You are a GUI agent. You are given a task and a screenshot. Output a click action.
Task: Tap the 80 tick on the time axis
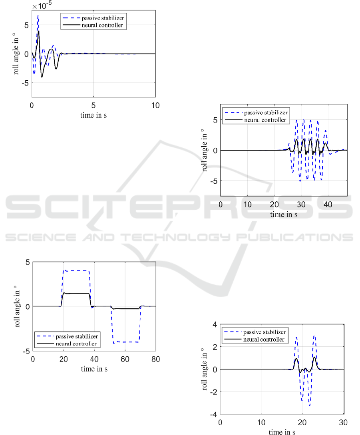pyautogui.click(x=156, y=359)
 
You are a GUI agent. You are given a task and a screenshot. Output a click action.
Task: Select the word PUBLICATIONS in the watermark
pyautogui.click(x=295, y=237)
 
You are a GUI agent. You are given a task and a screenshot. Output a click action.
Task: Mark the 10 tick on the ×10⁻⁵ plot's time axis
pyautogui.click(x=155, y=105)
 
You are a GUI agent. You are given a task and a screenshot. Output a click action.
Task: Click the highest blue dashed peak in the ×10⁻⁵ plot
pyautogui.click(x=38, y=16)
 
